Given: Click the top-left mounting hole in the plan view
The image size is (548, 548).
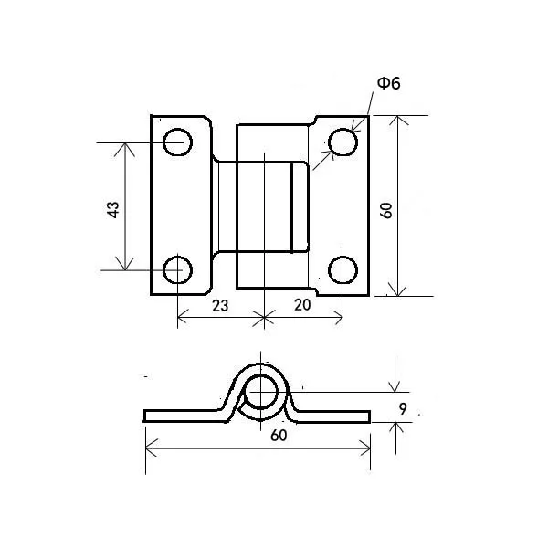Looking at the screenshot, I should tap(177, 142).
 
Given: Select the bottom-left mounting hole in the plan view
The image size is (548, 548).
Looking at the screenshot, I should tap(177, 270).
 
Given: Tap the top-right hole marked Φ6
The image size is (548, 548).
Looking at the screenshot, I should tap(342, 142).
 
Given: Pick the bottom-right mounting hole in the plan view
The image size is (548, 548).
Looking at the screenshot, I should tap(342, 270).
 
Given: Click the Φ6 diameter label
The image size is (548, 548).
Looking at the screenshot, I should tap(387, 83).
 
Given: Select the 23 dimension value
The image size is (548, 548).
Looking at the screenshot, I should tap(219, 306).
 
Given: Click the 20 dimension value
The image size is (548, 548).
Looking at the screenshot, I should tap(302, 306).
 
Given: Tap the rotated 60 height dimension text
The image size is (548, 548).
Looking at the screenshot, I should tap(386, 208).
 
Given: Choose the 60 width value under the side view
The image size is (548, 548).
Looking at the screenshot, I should tap(279, 436).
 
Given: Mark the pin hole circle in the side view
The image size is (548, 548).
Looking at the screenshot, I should tap(263, 391).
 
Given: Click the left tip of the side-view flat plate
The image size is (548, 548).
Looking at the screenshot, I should tap(146, 416).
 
